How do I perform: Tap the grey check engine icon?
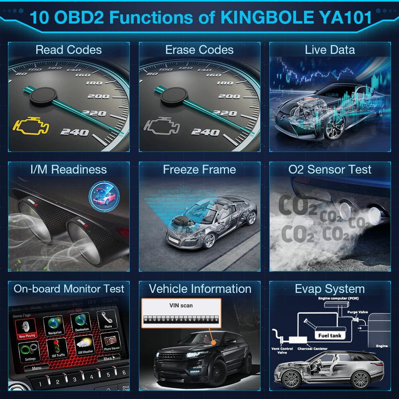point(161,127)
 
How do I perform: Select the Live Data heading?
point(330,50)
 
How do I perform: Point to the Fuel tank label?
point(330,336)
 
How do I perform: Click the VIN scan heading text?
point(181,306)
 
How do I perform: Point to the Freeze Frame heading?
point(199,170)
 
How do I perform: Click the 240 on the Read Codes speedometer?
point(74,132)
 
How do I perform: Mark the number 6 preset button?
point(124,373)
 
